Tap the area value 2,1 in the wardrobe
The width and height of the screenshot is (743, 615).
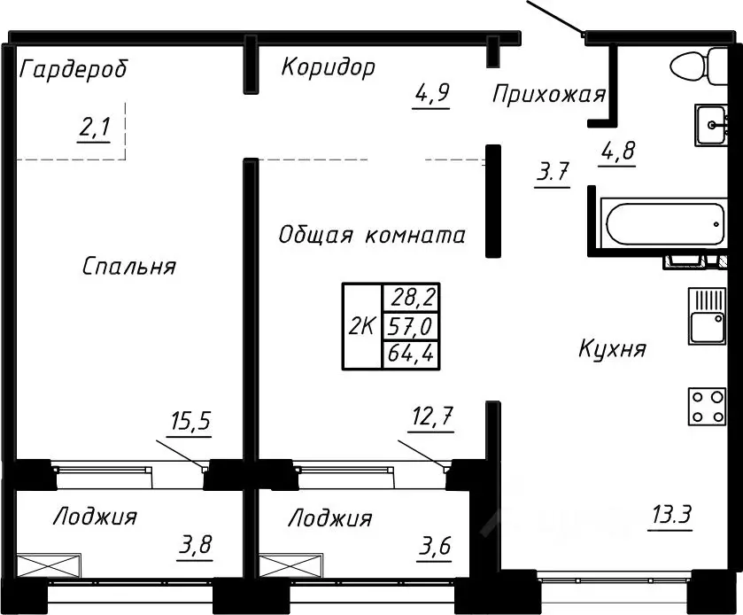tap(93, 129)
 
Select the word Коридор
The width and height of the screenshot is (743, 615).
tap(328, 67)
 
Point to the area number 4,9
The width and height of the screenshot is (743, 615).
tap(432, 92)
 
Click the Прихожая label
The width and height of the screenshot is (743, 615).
tap(548, 95)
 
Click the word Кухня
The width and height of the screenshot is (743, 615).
tap(612, 348)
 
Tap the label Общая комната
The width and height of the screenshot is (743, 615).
tap(371, 236)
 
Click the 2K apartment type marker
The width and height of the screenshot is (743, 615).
tap(360, 326)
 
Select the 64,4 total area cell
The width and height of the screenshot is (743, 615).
tap(402, 354)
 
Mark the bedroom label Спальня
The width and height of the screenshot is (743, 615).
tap(129, 266)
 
